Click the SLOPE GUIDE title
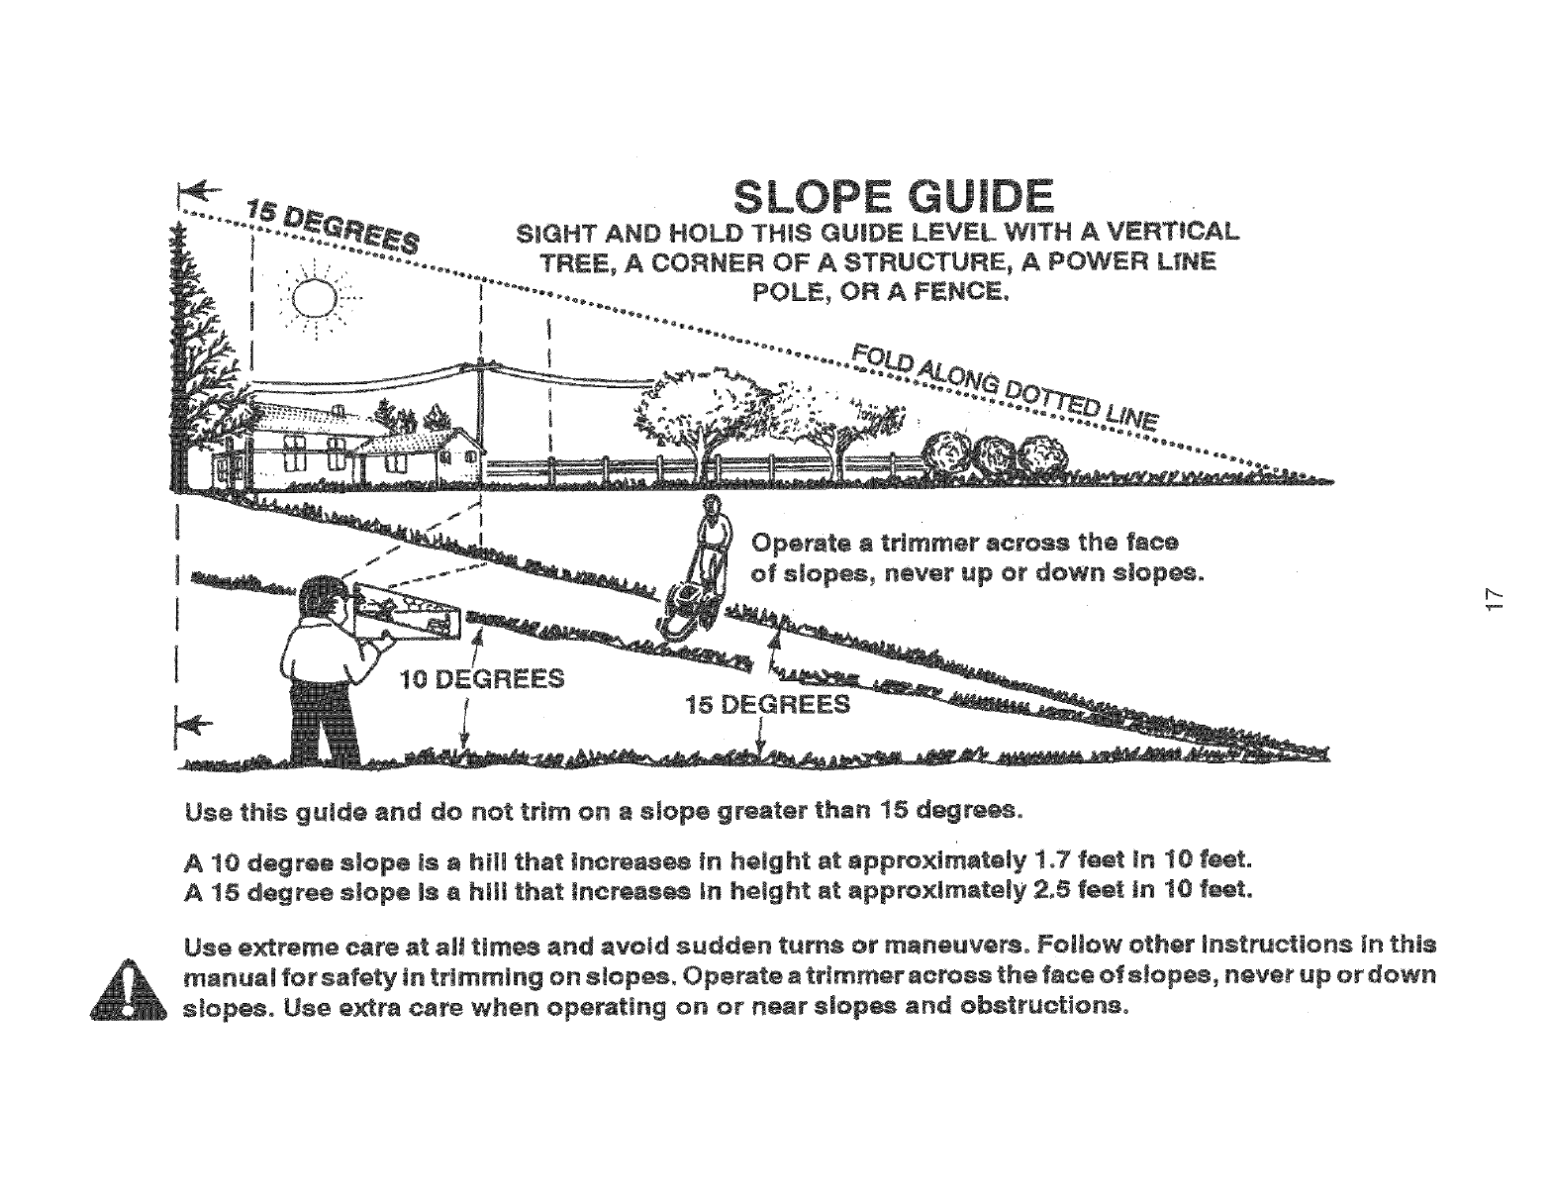tap(891, 197)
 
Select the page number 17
tap(1495, 597)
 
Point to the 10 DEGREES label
tap(482, 679)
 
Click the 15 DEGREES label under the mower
tap(768, 704)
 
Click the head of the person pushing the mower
tap(711, 506)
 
